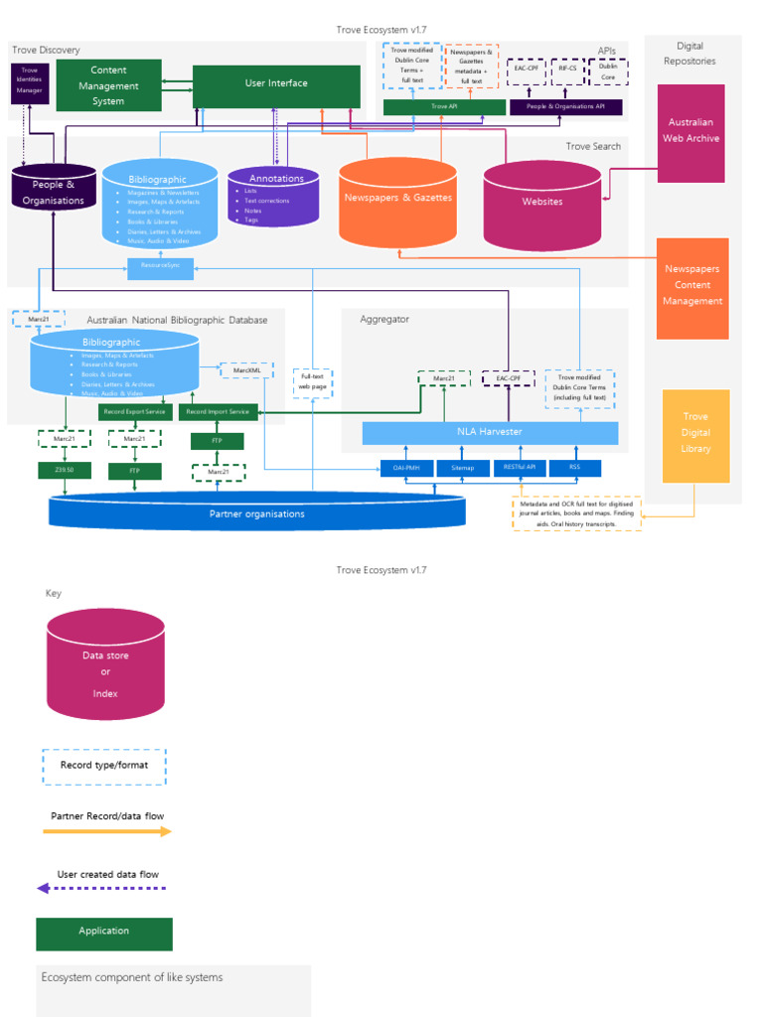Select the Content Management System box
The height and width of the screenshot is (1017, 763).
[108, 85]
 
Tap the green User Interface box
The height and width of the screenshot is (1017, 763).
[276, 85]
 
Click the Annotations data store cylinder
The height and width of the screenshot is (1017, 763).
[274, 198]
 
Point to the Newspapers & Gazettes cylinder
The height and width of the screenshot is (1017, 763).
[397, 203]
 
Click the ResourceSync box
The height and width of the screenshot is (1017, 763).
[160, 266]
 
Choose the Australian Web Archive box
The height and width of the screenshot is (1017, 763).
[690, 132]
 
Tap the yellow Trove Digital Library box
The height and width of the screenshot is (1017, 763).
[695, 434]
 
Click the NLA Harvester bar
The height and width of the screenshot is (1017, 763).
[490, 432]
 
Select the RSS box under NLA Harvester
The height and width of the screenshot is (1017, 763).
[574, 467]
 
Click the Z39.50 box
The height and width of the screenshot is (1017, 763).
[65, 470]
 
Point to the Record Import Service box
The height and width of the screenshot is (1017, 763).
[219, 411]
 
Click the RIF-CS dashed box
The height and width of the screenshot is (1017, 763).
[567, 71]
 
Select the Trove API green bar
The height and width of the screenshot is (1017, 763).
[443, 106]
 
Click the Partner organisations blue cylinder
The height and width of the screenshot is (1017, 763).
[256, 511]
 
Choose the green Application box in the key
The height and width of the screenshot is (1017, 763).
[104, 934]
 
